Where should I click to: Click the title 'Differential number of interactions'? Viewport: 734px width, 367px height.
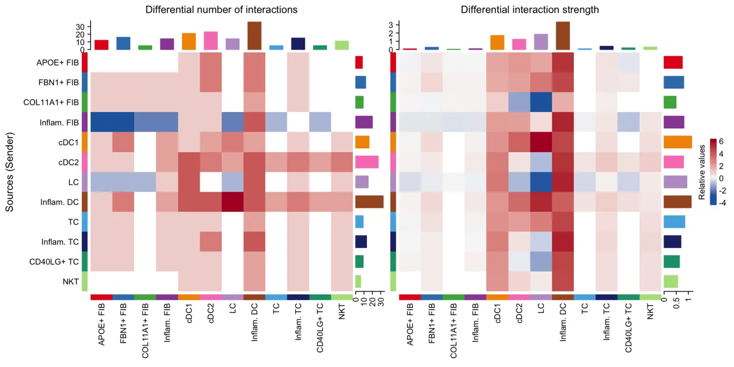(221, 10)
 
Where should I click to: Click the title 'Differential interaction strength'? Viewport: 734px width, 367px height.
(529, 10)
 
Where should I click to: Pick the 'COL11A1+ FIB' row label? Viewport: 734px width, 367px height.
(51, 102)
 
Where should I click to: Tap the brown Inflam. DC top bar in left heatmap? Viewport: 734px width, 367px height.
(254, 36)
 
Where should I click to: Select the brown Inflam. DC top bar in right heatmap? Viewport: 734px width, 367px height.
(562, 36)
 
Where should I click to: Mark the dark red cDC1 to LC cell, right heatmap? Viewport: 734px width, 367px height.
(541, 142)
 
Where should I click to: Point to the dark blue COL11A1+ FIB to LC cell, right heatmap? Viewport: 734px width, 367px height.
(541, 102)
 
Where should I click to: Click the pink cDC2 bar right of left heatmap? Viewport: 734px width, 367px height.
(367, 162)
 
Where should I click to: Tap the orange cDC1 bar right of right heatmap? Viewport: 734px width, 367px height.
(677, 142)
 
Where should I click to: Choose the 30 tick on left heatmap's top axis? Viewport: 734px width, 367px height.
(82, 26)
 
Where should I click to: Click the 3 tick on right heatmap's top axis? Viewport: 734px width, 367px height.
(390, 24)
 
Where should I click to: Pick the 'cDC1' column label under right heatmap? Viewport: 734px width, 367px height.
(498, 315)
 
